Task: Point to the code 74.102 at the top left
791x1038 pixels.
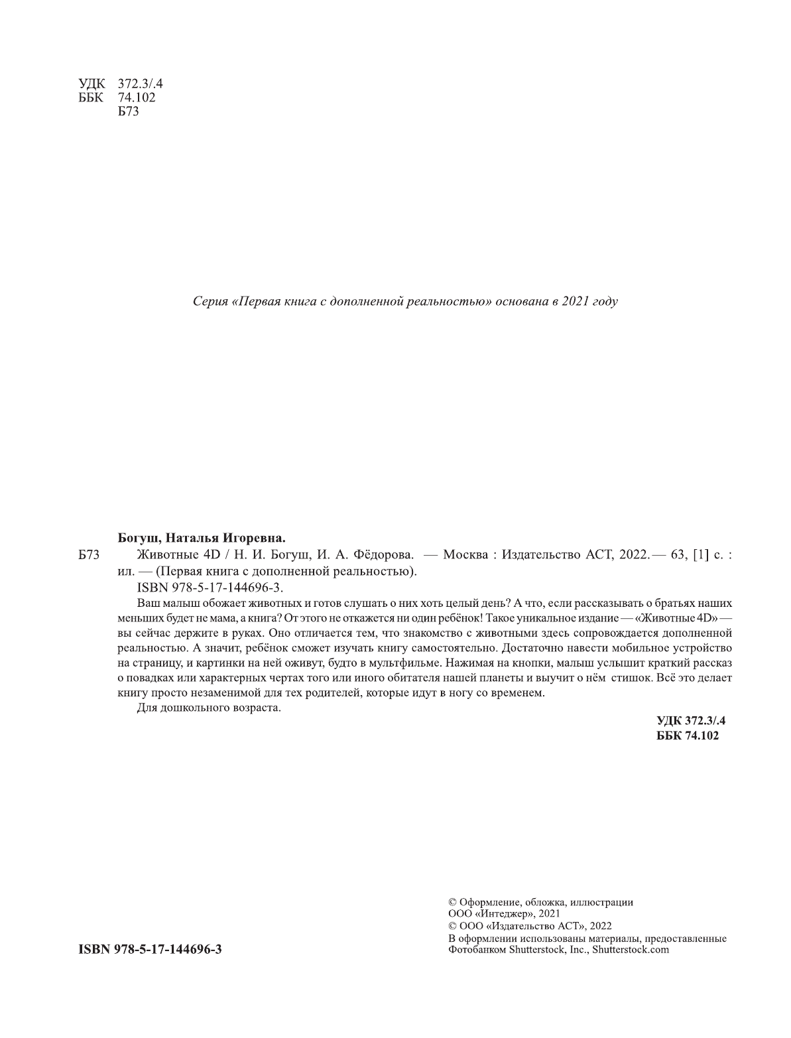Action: pyautogui.click(x=136, y=97)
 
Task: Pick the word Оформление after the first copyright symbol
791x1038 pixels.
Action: pyautogui.click(x=488, y=901)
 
